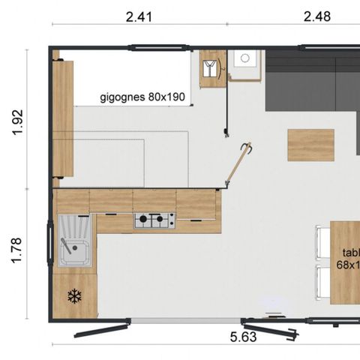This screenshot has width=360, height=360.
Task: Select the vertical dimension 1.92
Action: click(x=19, y=123)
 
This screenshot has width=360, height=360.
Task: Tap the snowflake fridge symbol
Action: click(x=74, y=296)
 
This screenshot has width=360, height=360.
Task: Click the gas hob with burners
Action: click(x=154, y=220)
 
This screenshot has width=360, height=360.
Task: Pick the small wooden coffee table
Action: click(x=310, y=145)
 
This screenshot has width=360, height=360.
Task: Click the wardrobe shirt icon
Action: click(x=213, y=69)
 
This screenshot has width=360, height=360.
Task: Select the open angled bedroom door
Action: click(x=238, y=164)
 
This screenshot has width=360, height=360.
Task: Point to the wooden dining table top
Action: click(x=346, y=262)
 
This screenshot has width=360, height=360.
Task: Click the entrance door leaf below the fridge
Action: click(x=102, y=330)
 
